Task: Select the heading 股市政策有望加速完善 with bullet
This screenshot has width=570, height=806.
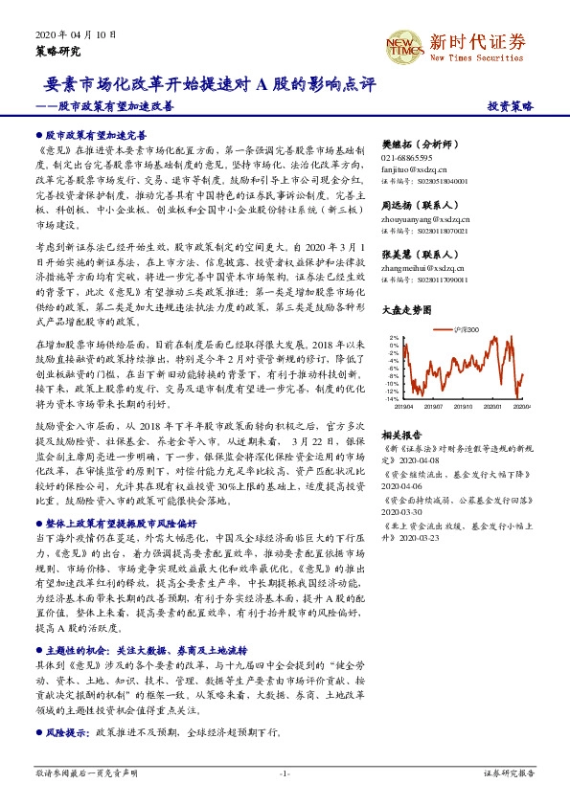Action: coord(94,137)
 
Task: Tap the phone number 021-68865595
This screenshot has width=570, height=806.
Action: coord(406,157)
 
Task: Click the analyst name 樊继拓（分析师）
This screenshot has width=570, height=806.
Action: coord(419,143)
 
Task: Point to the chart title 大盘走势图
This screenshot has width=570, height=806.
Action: coord(406,309)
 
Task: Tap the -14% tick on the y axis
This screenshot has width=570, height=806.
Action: coord(394,398)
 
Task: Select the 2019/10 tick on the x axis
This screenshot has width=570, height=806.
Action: coord(464,407)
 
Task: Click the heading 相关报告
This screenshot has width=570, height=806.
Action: coord(401,433)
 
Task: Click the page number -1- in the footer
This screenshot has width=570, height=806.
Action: coord(285,772)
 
